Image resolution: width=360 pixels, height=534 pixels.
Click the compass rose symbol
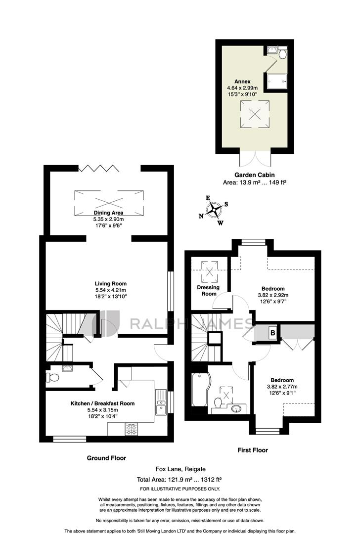214,210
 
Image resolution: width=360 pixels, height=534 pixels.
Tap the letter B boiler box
272,332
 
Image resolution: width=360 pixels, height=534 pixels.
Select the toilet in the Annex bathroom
282,53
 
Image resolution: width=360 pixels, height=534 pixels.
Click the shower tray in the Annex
276,82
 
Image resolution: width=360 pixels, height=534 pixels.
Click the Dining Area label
109,213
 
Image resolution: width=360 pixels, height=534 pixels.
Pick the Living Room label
111,283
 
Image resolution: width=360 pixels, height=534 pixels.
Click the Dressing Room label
209,291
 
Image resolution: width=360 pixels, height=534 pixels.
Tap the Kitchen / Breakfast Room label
102,403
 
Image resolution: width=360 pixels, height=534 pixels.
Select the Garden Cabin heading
254,175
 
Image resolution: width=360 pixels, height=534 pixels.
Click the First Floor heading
253,450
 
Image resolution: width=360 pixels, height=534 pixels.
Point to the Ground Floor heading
106,458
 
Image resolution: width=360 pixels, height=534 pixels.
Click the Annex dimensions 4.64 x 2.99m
242,88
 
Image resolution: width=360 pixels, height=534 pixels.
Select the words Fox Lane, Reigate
180,469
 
